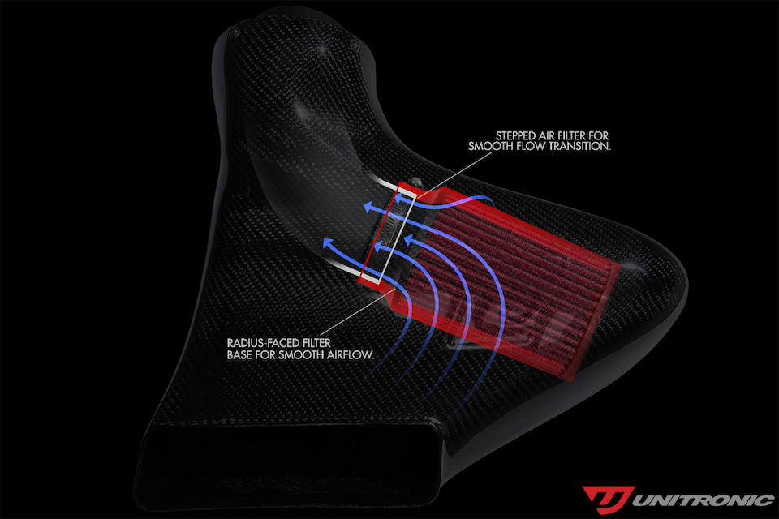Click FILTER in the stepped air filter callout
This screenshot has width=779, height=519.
574,135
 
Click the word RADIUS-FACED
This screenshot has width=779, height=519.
260,343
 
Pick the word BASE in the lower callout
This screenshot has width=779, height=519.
239,355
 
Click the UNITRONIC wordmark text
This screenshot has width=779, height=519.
702,500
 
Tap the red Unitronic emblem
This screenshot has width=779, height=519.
608,500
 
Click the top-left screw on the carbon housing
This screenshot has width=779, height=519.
234,32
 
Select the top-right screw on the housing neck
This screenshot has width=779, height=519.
355,45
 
